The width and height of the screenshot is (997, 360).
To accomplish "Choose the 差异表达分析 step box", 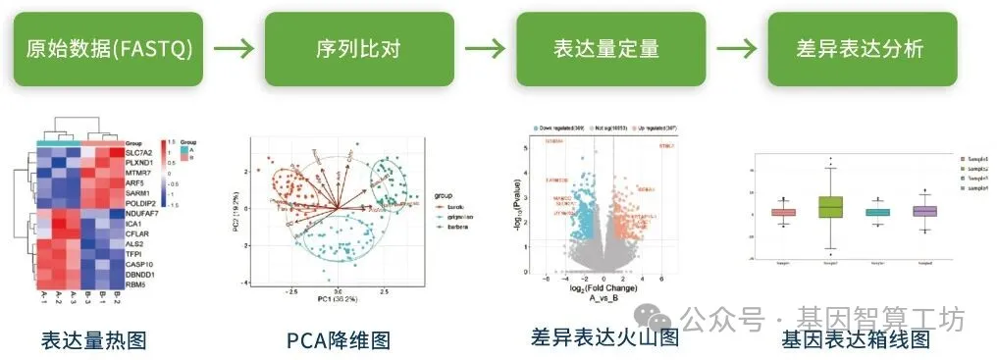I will pyautogui.click(x=860, y=49).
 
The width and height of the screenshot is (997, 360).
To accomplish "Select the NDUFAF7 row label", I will pyautogui.click(x=144, y=214).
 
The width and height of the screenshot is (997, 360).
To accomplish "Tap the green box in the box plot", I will pyautogui.click(x=831, y=207).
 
